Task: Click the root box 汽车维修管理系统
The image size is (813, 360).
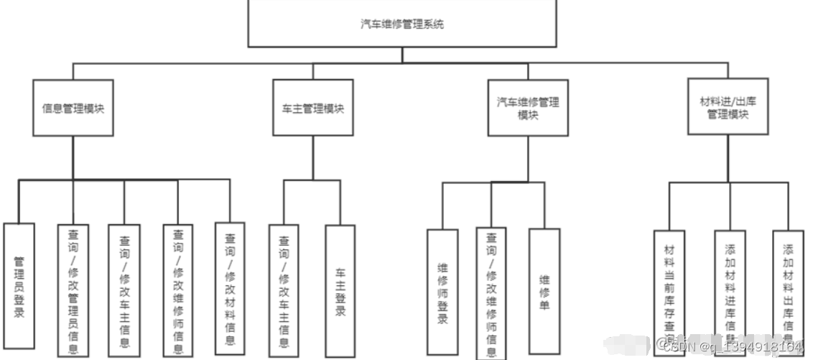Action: point(402,24)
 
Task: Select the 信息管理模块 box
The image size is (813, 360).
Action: point(73,109)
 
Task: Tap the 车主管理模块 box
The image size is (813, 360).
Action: point(313,109)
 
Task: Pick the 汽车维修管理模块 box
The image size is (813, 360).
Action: point(528,109)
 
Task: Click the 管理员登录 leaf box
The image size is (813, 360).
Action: point(19,286)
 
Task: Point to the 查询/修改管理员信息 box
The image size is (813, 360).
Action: point(73,291)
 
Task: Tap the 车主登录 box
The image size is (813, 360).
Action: point(340,292)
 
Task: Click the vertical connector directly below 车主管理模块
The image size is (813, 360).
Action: point(313,158)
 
